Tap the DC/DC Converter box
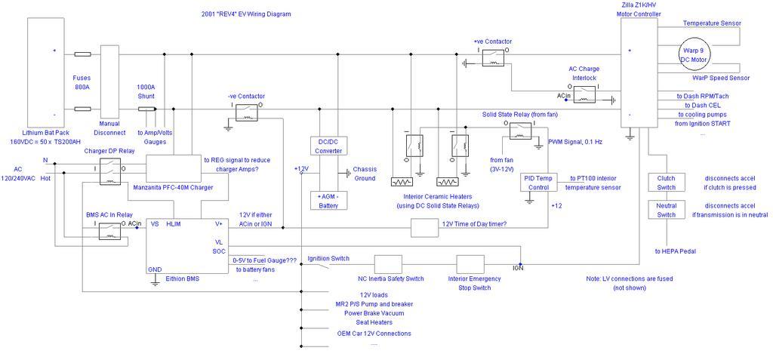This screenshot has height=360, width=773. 328,146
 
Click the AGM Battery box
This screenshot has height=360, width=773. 328,199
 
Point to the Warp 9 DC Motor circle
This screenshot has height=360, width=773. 696,53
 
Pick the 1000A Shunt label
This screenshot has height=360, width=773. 146,91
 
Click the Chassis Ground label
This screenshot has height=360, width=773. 364,173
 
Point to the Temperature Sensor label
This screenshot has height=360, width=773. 711,23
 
